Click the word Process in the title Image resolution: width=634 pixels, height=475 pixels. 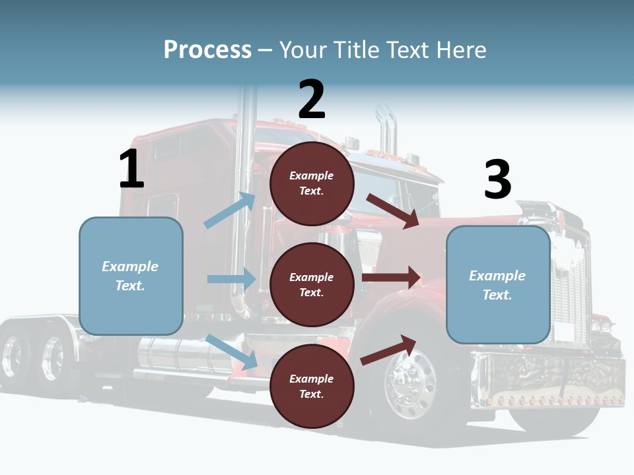tap(207, 50)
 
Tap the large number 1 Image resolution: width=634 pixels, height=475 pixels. tap(131, 169)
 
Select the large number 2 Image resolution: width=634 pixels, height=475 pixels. tap(312, 100)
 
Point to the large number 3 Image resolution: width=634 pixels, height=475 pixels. tap(497, 179)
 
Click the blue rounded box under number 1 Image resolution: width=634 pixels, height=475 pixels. tap(131, 276)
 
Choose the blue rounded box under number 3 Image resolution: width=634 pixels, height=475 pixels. tap(498, 285)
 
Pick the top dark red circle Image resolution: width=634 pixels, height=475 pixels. tap(312, 183)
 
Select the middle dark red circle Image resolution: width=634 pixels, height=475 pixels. tap(312, 284)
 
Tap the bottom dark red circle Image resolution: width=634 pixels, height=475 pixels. tap(312, 386)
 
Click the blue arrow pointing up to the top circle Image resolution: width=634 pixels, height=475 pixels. tap(230, 210)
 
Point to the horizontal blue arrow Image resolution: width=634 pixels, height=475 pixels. tap(231, 279)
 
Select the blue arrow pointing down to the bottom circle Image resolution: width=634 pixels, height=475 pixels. tap(232, 352)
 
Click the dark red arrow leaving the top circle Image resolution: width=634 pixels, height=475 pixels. tap(392, 211)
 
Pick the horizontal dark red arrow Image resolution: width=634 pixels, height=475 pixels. tap(391, 277)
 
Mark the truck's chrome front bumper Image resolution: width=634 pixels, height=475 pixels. tap(548, 383)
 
